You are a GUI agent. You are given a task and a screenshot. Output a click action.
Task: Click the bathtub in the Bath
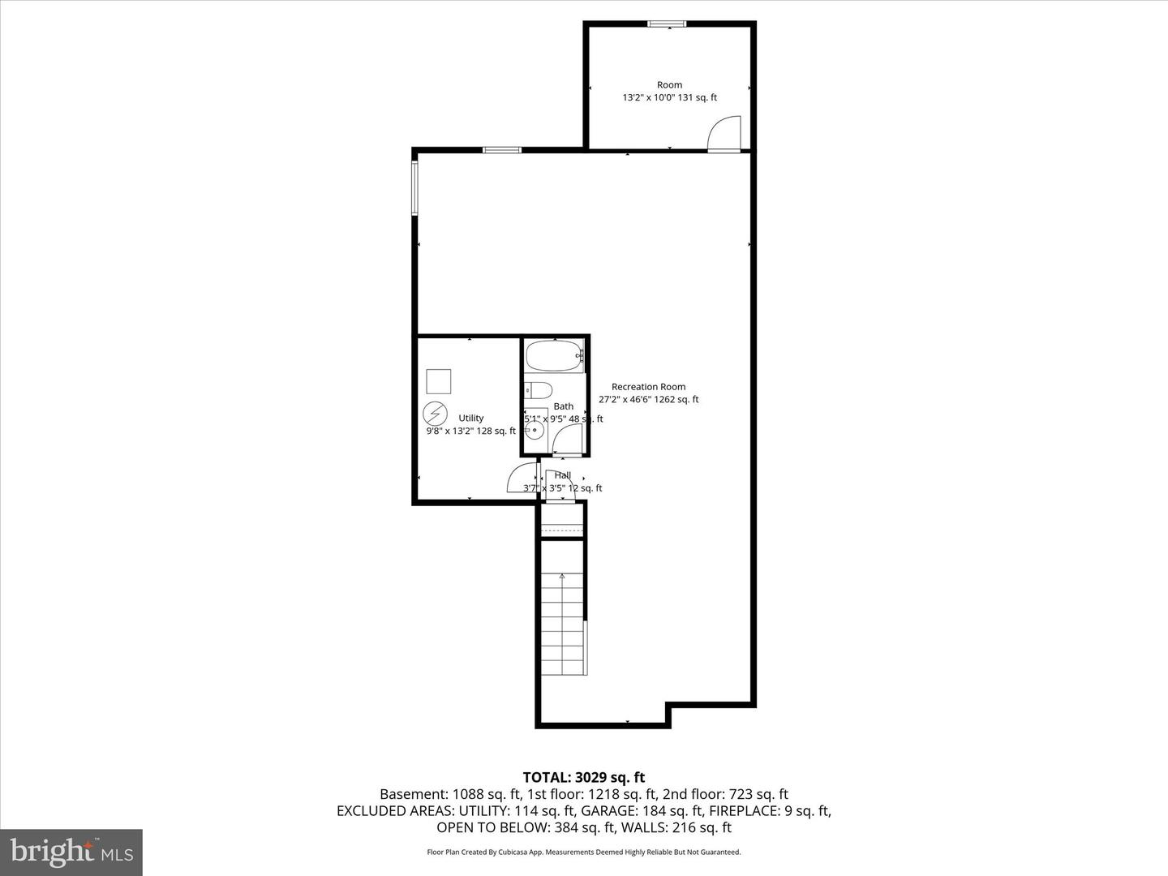[554, 356]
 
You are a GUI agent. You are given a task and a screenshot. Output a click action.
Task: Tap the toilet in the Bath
[539, 389]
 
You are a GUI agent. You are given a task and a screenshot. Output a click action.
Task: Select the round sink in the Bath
[534, 430]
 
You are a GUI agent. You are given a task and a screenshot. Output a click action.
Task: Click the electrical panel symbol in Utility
[436, 414]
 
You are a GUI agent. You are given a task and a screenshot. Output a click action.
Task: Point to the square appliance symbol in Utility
[439, 381]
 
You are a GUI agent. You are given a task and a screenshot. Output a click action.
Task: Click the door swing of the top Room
[725, 134]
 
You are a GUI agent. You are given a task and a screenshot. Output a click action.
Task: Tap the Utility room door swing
[522, 479]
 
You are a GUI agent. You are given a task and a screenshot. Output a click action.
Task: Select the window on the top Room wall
[667, 24]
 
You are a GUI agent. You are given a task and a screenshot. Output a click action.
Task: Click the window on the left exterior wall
[414, 188]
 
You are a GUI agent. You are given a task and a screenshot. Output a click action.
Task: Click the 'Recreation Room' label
[648, 387]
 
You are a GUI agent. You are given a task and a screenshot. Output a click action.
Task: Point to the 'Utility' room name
[470, 419]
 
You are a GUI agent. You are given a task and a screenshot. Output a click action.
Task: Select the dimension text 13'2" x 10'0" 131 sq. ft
[669, 97]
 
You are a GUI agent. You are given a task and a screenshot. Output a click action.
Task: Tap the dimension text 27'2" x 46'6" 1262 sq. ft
[648, 399]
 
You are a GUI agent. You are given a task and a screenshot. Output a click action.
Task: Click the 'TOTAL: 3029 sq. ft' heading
[583, 778]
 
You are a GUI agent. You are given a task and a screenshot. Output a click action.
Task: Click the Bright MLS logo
[71, 852]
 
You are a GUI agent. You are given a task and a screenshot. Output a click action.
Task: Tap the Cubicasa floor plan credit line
[583, 852]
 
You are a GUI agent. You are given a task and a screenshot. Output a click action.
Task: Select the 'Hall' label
[563, 475]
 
